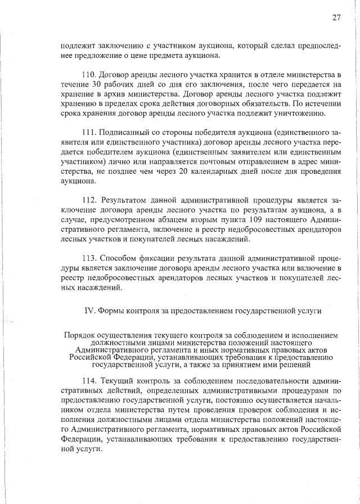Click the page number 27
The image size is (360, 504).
(x=336, y=17)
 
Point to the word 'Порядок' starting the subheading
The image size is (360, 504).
(x=79, y=335)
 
